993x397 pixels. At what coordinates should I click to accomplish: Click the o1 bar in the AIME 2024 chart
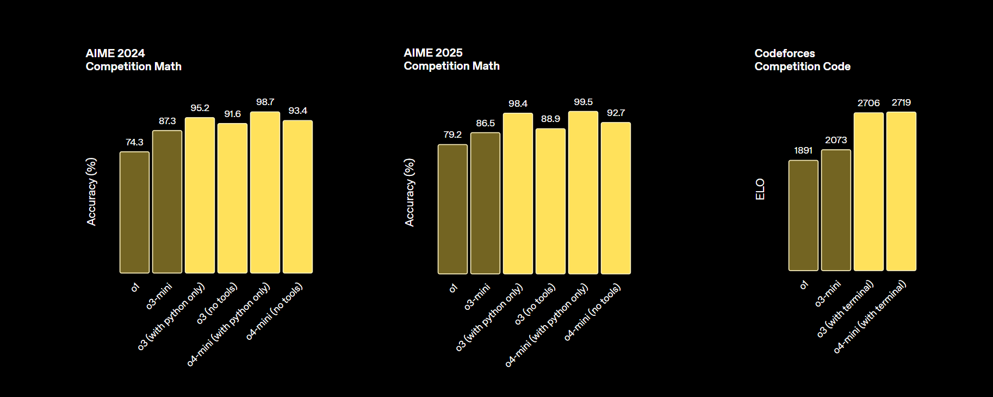coord(134,212)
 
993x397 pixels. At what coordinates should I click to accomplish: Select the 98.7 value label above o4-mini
coord(265,102)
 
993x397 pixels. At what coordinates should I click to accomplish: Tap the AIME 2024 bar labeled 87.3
coord(167,201)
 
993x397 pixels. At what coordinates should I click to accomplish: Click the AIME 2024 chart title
coord(133,60)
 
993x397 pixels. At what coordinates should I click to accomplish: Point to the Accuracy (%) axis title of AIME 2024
coord(91,192)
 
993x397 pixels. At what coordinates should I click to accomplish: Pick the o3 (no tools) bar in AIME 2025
coord(550,201)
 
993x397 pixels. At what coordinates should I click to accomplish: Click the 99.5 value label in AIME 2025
coord(583,102)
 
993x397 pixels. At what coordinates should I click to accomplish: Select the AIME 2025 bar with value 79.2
coord(452,209)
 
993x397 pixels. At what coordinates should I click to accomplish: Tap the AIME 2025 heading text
coord(451,59)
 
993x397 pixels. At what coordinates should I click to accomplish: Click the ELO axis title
coord(760,189)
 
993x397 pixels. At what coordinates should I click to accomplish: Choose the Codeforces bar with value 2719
coord(901,191)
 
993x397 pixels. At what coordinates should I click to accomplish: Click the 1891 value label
coord(803,151)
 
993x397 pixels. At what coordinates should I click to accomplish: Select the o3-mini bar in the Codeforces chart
coord(836,210)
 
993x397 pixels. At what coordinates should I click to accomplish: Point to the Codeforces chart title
coord(802,60)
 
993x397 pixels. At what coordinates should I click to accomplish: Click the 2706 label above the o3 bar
coord(868,103)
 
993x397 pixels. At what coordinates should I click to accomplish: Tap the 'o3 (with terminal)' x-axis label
coord(846,309)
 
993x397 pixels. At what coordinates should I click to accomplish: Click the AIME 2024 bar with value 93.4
coord(297,197)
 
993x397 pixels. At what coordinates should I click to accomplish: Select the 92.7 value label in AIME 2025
coord(616,113)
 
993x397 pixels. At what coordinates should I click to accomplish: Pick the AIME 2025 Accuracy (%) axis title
coord(409,192)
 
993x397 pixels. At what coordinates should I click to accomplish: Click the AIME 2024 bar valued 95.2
coord(200,195)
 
